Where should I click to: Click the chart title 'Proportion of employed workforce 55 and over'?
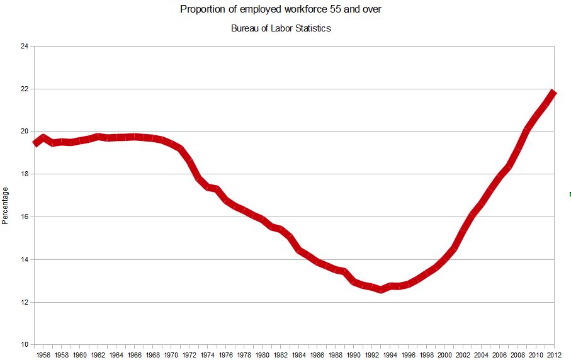(281, 9)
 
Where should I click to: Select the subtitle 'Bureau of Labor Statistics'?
(281, 28)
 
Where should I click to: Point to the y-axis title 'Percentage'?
(6, 205)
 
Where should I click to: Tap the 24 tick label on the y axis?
(24, 46)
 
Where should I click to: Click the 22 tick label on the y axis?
(24, 89)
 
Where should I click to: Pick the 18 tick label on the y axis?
(24, 174)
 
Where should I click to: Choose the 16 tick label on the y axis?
(24, 217)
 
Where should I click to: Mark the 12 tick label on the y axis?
(24, 302)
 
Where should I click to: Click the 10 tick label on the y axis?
(24, 345)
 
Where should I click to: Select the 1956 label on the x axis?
(43, 355)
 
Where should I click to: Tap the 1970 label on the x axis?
(171, 355)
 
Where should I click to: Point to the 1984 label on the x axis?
(299, 355)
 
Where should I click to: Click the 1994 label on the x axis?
(390, 355)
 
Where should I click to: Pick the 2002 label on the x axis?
(463, 355)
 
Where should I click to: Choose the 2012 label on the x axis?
(554, 355)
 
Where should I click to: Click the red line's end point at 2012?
(553, 93)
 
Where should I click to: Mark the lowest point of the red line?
(381, 290)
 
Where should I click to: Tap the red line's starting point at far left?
(35, 143)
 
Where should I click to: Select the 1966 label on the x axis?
(135, 355)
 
